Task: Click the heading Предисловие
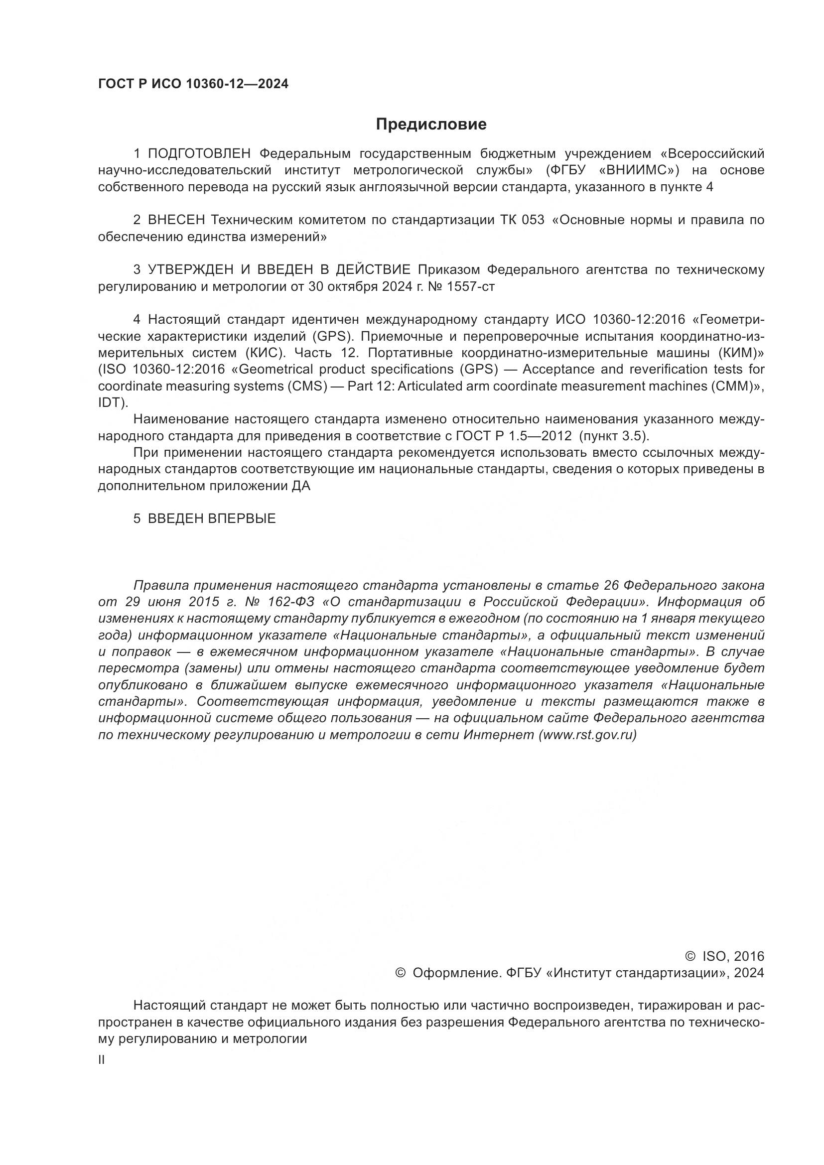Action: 431,125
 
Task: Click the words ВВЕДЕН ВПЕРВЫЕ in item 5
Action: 212,518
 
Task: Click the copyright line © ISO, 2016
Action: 724,956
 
